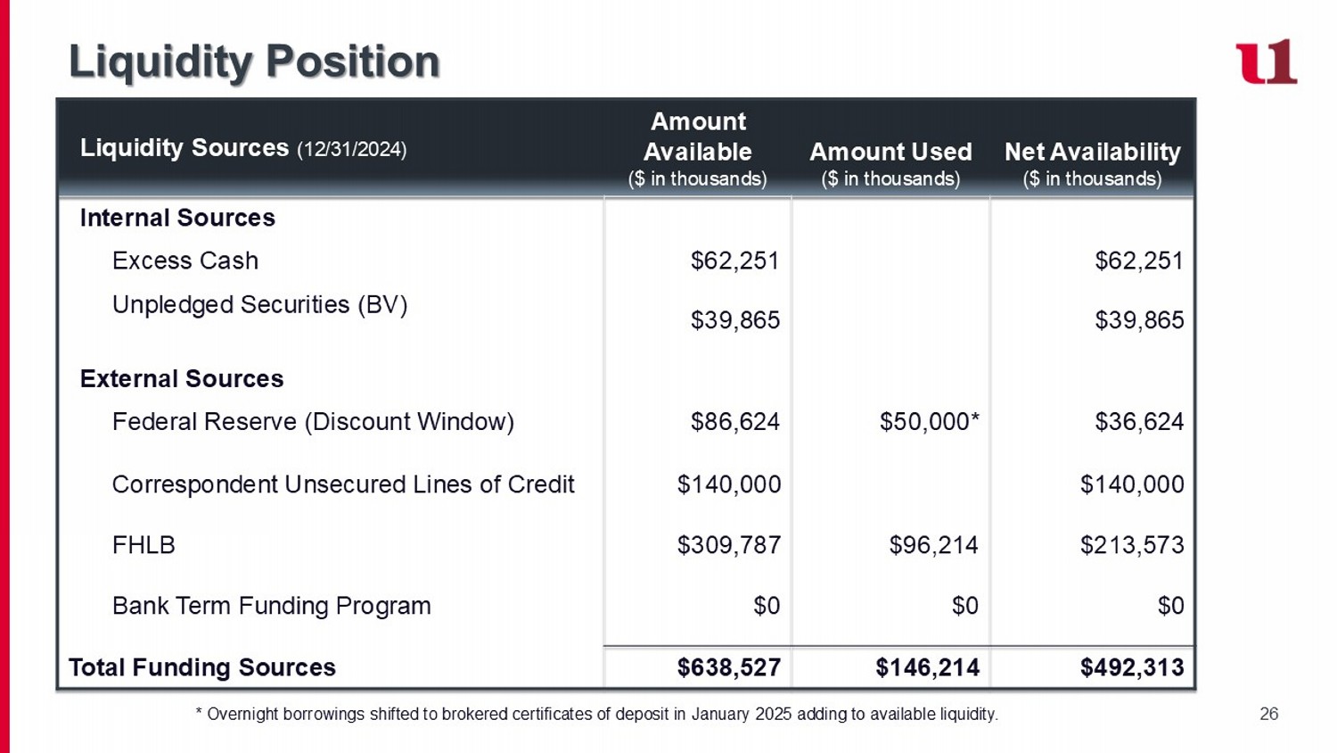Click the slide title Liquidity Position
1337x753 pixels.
tap(254, 62)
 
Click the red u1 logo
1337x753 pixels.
tap(1266, 62)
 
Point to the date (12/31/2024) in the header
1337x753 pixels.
tap(351, 149)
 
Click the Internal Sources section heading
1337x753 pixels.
tap(178, 218)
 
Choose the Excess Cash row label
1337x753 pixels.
tap(185, 261)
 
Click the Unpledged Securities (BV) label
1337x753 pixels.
tap(259, 305)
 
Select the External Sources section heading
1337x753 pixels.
tap(182, 378)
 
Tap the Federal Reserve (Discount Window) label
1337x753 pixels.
tap(313, 422)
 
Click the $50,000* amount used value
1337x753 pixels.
tap(930, 422)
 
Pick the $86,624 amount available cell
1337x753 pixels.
tap(734, 422)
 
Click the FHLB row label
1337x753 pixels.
tap(144, 545)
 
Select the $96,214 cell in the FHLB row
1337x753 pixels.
tap(933, 545)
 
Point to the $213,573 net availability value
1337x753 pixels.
tap(1132, 545)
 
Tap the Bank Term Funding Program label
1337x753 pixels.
tap(272, 607)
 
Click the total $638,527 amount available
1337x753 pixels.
tap(729, 667)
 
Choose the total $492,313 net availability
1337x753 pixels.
tap(1132, 667)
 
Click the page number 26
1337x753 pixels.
tap(1269, 714)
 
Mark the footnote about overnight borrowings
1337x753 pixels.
tap(597, 715)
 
